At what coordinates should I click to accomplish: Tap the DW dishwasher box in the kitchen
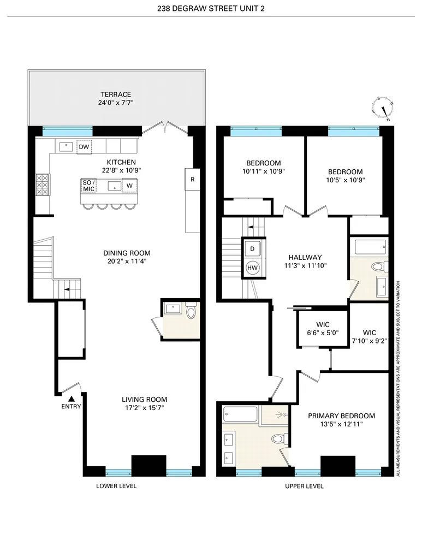(84, 147)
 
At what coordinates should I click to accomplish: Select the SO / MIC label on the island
(88, 186)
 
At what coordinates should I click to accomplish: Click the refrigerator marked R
(192, 179)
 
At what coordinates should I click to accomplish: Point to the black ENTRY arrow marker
(72, 398)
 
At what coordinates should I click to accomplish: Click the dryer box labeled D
(252, 248)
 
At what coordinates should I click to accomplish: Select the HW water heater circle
(252, 267)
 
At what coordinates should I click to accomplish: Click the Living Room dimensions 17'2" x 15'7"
(144, 407)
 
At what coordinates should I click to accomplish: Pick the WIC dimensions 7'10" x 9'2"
(370, 342)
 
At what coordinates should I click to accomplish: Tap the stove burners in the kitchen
(42, 185)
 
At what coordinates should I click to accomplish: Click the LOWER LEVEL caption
(116, 486)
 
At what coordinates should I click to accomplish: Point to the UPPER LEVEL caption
(304, 486)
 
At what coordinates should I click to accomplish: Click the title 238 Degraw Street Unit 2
(211, 7)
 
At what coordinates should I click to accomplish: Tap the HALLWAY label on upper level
(306, 258)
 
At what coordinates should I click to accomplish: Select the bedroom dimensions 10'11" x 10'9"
(264, 171)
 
